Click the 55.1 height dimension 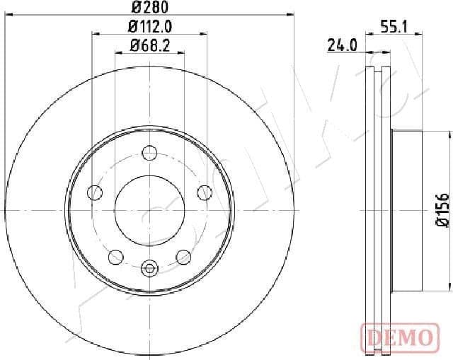394,27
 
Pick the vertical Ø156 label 443,209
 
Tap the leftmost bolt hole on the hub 94,192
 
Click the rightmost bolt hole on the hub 205,192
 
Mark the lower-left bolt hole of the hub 115,256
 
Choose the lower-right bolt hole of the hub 183,256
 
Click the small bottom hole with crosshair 149,268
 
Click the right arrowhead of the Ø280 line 290,15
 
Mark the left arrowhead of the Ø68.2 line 118,53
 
